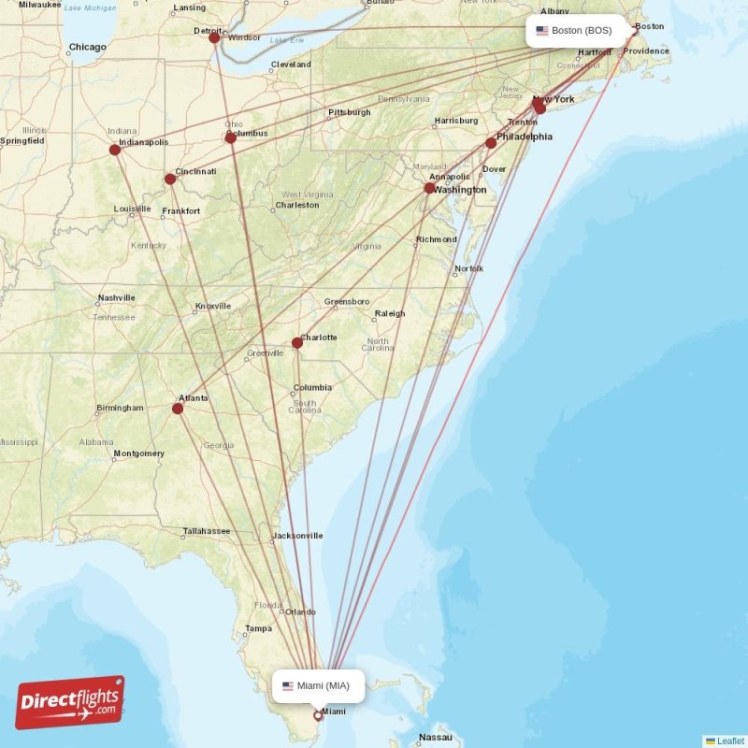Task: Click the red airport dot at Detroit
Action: point(214,37)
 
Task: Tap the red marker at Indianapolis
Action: point(115,150)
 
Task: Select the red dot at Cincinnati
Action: point(169,179)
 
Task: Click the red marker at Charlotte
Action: point(297,342)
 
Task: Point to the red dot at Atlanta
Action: point(179,408)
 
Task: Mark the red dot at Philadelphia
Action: point(491,143)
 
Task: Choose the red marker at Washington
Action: point(429,189)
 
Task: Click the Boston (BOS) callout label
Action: point(574,31)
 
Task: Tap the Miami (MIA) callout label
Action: point(318,685)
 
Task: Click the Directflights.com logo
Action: point(69,703)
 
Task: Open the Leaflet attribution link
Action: point(730,741)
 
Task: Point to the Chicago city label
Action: point(87,47)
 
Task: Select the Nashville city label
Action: point(116,298)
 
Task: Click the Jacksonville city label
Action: point(296,536)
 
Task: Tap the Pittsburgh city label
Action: point(349,112)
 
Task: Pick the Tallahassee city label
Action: point(206,531)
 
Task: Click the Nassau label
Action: point(436,737)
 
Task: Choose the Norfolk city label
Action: point(468,269)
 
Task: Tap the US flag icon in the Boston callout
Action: point(541,31)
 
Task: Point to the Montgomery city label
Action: point(138,453)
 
